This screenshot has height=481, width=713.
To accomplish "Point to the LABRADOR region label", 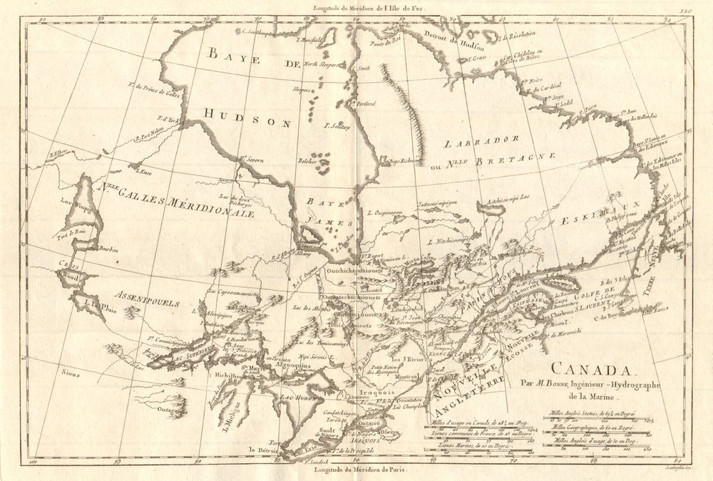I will [x=471, y=142].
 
